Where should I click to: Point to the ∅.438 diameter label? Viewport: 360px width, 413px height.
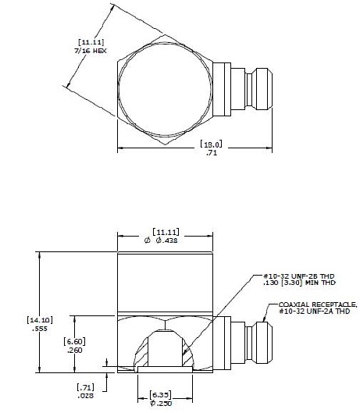click(166, 242)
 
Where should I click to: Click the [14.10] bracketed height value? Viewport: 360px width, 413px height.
click(39, 319)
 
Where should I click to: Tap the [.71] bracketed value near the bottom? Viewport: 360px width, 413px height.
click(86, 386)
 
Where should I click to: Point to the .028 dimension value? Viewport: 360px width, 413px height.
click(86, 396)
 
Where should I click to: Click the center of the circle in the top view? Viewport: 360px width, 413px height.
click(166, 84)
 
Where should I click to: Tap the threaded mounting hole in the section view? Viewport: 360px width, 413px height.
click(165, 348)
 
